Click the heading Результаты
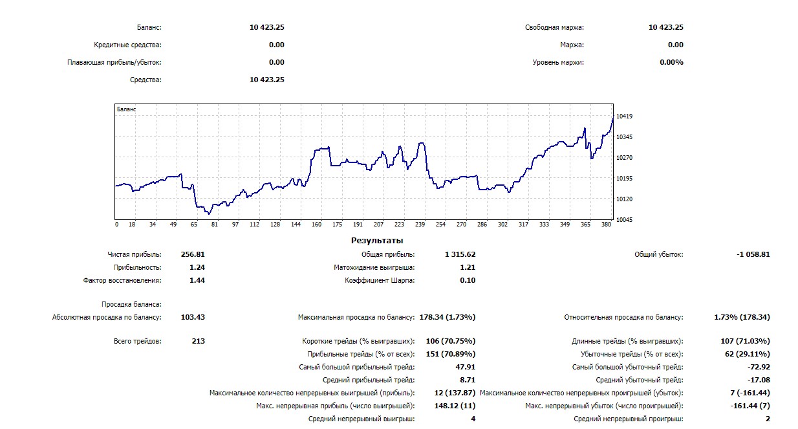pyautogui.click(x=376, y=241)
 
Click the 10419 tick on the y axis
pyautogui.click(x=624, y=116)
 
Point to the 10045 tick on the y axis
pyautogui.click(x=624, y=220)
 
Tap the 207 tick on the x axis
pyautogui.click(x=378, y=225)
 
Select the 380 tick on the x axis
pyautogui.click(x=605, y=225)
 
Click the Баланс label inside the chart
pyautogui.click(x=127, y=109)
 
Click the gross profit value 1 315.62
pyautogui.click(x=460, y=254)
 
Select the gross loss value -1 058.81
pyautogui.click(x=753, y=254)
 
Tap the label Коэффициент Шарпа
pyautogui.click(x=380, y=280)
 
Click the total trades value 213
pyautogui.click(x=198, y=341)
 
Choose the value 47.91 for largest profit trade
pyautogui.click(x=465, y=367)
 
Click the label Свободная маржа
pyautogui.click(x=554, y=28)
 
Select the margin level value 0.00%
pyautogui.click(x=671, y=62)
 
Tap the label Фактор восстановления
pyautogui.click(x=122, y=280)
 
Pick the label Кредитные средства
pyautogui.click(x=127, y=45)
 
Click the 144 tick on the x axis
pyautogui.click(x=296, y=225)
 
